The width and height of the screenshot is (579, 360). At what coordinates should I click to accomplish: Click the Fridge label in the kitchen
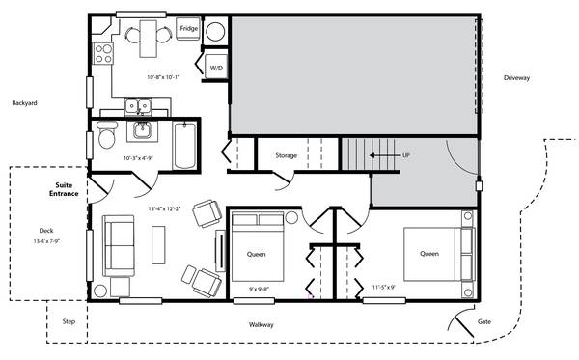tap(189, 28)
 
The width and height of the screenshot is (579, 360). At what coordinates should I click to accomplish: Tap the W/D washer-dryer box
tap(216, 67)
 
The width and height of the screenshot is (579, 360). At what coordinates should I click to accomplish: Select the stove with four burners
tap(102, 53)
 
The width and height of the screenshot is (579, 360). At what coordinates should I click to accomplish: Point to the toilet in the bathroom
tap(107, 135)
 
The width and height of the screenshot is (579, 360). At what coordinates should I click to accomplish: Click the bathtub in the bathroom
tap(184, 146)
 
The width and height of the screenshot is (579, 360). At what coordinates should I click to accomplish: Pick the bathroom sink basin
tap(142, 130)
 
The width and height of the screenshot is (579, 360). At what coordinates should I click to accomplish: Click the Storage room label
tap(287, 155)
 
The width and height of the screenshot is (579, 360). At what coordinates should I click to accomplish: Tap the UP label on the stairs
tap(406, 155)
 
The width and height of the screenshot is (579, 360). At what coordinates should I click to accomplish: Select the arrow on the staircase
tap(384, 155)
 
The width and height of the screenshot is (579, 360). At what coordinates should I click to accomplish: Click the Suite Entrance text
tap(64, 189)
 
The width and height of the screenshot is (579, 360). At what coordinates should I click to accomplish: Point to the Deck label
tap(46, 231)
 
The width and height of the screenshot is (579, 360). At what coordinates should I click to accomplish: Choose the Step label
tap(69, 321)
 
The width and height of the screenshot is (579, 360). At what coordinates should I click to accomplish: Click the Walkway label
tap(262, 325)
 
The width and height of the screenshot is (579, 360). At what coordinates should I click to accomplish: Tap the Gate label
tap(484, 321)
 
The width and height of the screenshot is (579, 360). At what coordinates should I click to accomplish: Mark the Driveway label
tap(516, 77)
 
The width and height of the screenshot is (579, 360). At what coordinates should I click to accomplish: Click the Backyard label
tap(24, 103)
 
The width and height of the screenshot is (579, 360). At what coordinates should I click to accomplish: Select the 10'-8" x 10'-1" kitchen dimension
tap(163, 77)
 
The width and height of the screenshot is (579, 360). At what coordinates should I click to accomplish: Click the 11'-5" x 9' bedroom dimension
tap(384, 287)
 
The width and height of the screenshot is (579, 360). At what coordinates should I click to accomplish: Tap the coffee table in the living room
tap(158, 245)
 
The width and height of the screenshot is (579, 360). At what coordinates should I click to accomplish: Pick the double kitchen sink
tap(138, 107)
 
